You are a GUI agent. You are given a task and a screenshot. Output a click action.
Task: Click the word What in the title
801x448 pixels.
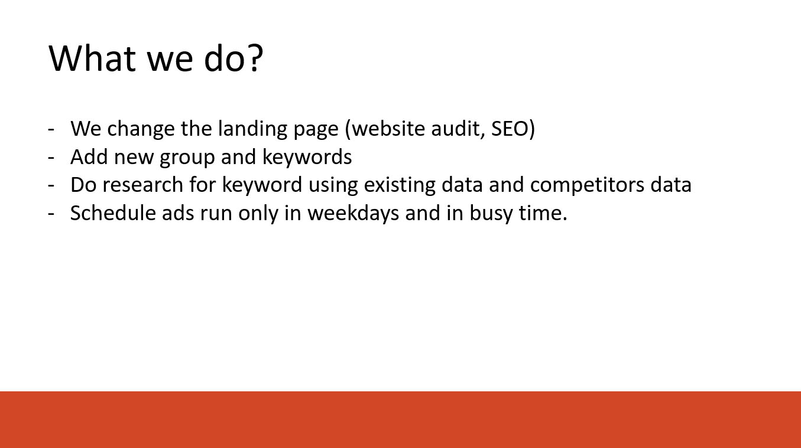[x=92, y=58]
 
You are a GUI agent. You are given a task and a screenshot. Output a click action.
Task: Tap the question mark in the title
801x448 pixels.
[x=257, y=58]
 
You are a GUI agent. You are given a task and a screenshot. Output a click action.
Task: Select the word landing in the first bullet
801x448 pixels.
[x=252, y=128]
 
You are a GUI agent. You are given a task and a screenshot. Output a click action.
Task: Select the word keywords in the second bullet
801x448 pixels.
[x=307, y=156]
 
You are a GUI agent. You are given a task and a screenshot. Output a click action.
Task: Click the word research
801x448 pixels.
[x=142, y=185]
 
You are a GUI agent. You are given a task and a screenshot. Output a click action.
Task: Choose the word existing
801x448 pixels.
[x=400, y=185]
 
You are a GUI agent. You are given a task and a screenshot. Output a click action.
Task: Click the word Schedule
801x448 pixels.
[x=113, y=212]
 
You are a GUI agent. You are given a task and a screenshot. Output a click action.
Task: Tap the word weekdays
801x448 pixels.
[x=353, y=214]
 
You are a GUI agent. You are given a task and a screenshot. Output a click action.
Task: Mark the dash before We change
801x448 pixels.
[x=51, y=129]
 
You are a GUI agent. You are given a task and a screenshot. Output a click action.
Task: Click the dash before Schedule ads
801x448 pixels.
[x=51, y=214]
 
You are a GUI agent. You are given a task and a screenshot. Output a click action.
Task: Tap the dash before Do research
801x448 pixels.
[x=51, y=186]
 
